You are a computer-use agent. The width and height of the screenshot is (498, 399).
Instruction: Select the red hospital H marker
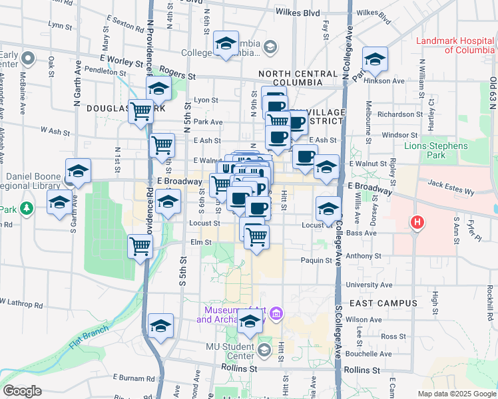[x=417, y=222]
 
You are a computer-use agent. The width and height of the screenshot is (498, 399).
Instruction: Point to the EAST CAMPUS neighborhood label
[x=383, y=303]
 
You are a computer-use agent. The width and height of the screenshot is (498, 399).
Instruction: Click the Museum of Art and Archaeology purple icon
[x=277, y=313]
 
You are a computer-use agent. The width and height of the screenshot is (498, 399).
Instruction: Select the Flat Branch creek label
[x=87, y=337]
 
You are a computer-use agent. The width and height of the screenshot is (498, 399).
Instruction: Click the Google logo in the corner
[x=22, y=391]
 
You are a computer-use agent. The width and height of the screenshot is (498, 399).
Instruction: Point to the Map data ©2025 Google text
[x=457, y=394]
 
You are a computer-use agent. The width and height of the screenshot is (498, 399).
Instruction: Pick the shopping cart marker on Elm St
[x=140, y=246]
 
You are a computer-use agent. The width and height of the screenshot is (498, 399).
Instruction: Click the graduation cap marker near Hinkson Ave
[x=375, y=60]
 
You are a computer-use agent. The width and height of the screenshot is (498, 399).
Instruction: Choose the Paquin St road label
[x=316, y=260]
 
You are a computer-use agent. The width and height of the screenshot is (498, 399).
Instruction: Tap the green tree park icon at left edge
[x=26, y=209]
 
